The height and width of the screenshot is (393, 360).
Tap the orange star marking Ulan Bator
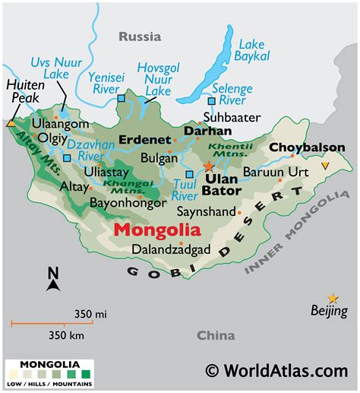point(209,166)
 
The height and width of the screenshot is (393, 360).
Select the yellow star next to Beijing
point(333,298)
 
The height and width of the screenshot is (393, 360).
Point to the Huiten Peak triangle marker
point(11,122)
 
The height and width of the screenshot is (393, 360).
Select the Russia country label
point(141,36)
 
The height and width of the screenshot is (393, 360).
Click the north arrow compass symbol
point(53,280)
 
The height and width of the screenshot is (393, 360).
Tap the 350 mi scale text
point(90,312)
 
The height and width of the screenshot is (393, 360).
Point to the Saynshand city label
point(206,211)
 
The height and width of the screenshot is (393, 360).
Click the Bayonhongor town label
point(125,203)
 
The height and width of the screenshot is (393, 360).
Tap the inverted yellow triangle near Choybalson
point(326,166)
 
